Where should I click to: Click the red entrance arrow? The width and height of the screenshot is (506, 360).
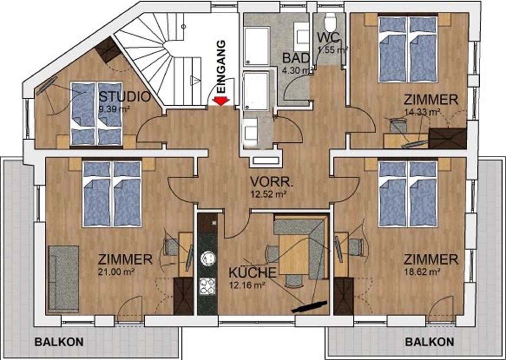221,101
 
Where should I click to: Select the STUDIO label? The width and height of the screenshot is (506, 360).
125,97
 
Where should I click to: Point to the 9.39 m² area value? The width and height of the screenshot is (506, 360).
114,109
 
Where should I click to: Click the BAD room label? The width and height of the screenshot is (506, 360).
296,58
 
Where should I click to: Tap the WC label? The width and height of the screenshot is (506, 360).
328,37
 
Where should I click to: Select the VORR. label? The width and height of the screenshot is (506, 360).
272,182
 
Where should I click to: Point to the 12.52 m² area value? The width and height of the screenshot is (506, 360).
269,194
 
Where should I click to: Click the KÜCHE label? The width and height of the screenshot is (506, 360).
252,273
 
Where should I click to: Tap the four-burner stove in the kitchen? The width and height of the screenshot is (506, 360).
207,286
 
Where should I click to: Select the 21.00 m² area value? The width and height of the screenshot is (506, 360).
116,272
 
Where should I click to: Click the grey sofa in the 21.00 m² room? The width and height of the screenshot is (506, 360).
64,279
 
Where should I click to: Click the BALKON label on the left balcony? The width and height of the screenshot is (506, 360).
59,342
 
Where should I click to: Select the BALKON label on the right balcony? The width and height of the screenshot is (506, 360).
429,342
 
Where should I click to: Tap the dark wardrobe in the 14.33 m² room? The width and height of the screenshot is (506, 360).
448,138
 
